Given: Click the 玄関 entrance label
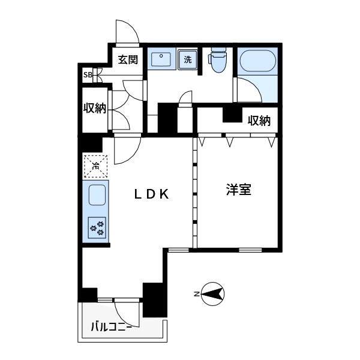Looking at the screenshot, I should click(x=128, y=59).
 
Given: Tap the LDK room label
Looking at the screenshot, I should click(x=154, y=194).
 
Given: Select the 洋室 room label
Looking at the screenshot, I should click(x=238, y=190).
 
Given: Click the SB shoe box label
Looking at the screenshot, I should click(x=88, y=75).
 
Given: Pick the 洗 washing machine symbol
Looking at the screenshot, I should click(x=188, y=59).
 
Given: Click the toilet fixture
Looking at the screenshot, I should click(x=217, y=60).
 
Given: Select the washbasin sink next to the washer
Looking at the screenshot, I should click(x=161, y=59).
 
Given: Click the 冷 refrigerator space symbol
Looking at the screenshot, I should click(x=95, y=166).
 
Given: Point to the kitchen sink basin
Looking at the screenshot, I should click(x=97, y=195).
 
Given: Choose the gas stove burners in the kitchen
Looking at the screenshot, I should click(x=97, y=227).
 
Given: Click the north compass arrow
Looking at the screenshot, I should click(x=213, y=293).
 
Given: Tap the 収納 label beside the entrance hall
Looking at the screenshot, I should click(x=95, y=109).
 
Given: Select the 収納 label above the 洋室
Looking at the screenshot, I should click(x=259, y=121).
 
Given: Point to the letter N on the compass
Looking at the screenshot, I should click(x=196, y=294).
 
